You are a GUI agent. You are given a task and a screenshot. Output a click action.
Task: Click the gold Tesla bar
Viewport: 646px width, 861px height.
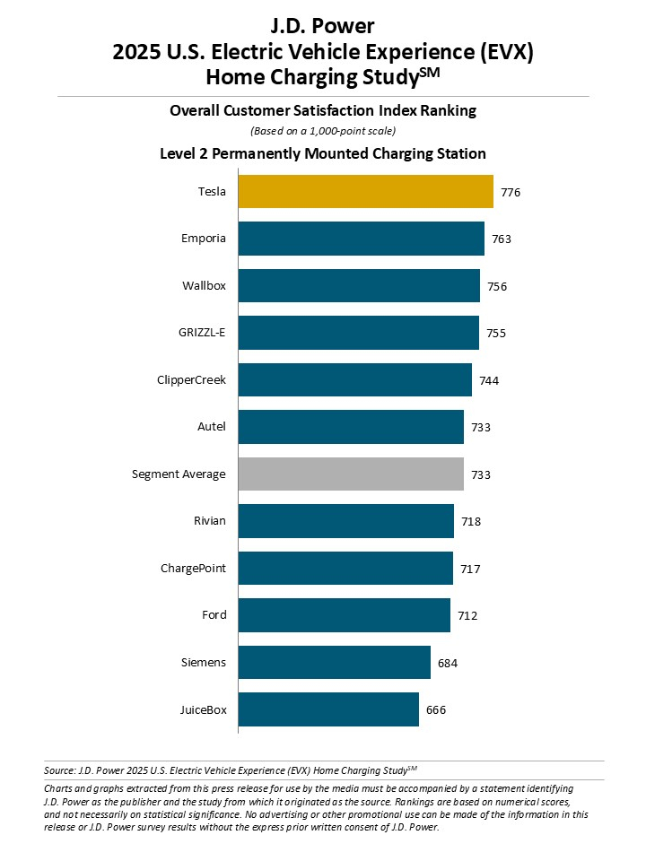click(365, 192)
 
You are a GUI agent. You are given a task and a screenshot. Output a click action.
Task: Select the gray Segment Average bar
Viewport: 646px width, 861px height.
click(351, 474)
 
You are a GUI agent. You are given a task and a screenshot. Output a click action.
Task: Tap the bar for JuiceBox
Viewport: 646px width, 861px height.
click(328, 709)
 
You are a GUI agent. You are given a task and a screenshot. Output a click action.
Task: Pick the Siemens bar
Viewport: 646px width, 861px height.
click(334, 663)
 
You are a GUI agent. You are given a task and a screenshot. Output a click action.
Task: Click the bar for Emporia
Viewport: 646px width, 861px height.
click(361, 239)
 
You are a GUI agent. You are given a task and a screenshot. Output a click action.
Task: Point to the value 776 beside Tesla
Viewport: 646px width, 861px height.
click(511, 193)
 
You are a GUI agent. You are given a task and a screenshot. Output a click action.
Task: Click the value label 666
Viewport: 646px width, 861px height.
click(436, 709)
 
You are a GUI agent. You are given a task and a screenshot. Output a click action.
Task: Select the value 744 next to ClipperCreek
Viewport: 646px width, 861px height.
click(489, 380)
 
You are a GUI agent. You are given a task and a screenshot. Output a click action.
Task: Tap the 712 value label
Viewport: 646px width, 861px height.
click(467, 615)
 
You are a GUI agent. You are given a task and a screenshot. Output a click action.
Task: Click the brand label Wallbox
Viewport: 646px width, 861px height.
click(204, 286)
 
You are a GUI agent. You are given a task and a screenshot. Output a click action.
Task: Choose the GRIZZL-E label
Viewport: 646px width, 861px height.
click(202, 333)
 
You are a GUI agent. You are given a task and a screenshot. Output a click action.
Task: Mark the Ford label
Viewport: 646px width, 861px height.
click(214, 615)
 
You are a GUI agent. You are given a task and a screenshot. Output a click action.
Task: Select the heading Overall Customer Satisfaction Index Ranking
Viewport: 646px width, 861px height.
click(323, 111)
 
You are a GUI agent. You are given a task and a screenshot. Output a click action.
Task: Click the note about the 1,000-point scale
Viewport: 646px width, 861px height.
click(323, 131)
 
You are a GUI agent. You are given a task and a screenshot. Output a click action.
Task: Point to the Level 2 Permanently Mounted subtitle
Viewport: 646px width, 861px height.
click(323, 153)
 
